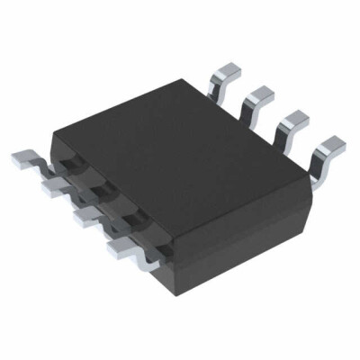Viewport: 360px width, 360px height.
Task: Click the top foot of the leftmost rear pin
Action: pyautogui.click(x=226, y=64)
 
